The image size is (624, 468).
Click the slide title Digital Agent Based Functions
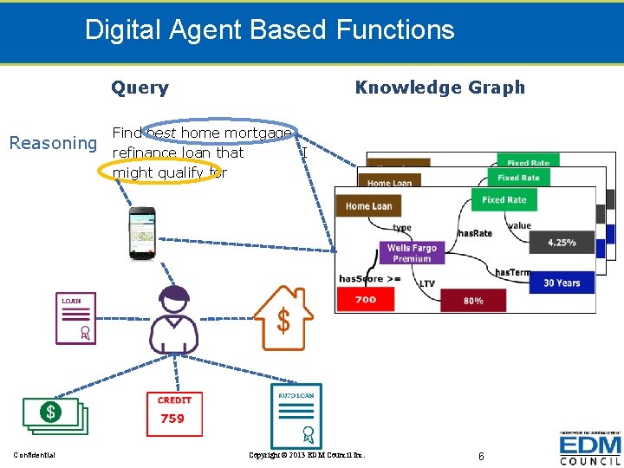[x=270, y=30]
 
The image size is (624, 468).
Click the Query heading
[x=140, y=88]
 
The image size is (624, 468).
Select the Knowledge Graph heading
[x=439, y=88]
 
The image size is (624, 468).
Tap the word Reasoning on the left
[x=53, y=143]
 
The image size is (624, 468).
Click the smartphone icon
[x=141, y=232]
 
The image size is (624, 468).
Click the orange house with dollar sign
[x=283, y=318]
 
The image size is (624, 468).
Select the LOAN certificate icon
[x=76, y=319]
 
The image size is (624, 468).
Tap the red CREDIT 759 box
[x=174, y=410]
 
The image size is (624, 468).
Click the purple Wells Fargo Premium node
[x=412, y=253]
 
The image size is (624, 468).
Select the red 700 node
[x=366, y=300]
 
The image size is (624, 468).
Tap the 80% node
[x=473, y=301]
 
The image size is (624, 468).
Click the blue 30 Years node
[x=562, y=283]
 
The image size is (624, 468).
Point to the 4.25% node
[x=562, y=243]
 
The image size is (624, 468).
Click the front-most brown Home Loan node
[x=369, y=206]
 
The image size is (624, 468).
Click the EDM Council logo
[x=589, y=449]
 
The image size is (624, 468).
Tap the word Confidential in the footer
[x=35, y=455]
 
